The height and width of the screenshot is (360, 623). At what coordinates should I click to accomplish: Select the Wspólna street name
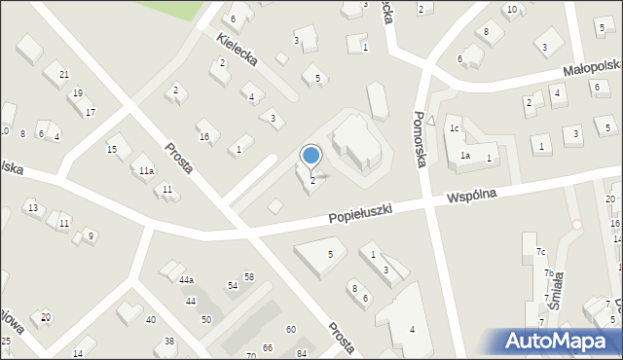471,195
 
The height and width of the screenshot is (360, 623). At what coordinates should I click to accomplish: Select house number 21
63,75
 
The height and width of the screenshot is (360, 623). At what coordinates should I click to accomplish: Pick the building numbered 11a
146,170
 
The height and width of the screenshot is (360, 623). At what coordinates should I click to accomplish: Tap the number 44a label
186,280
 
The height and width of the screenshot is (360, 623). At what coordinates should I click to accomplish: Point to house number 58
249,277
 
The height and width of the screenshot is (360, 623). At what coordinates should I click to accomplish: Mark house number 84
302,352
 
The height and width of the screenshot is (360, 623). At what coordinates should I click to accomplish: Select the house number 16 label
203,136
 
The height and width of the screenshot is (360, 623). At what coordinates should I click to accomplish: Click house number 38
169,341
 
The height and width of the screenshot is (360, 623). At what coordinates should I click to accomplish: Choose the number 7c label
539,253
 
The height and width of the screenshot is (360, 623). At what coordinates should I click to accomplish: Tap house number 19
77,93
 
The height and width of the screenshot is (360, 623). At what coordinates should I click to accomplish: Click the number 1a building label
466,156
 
